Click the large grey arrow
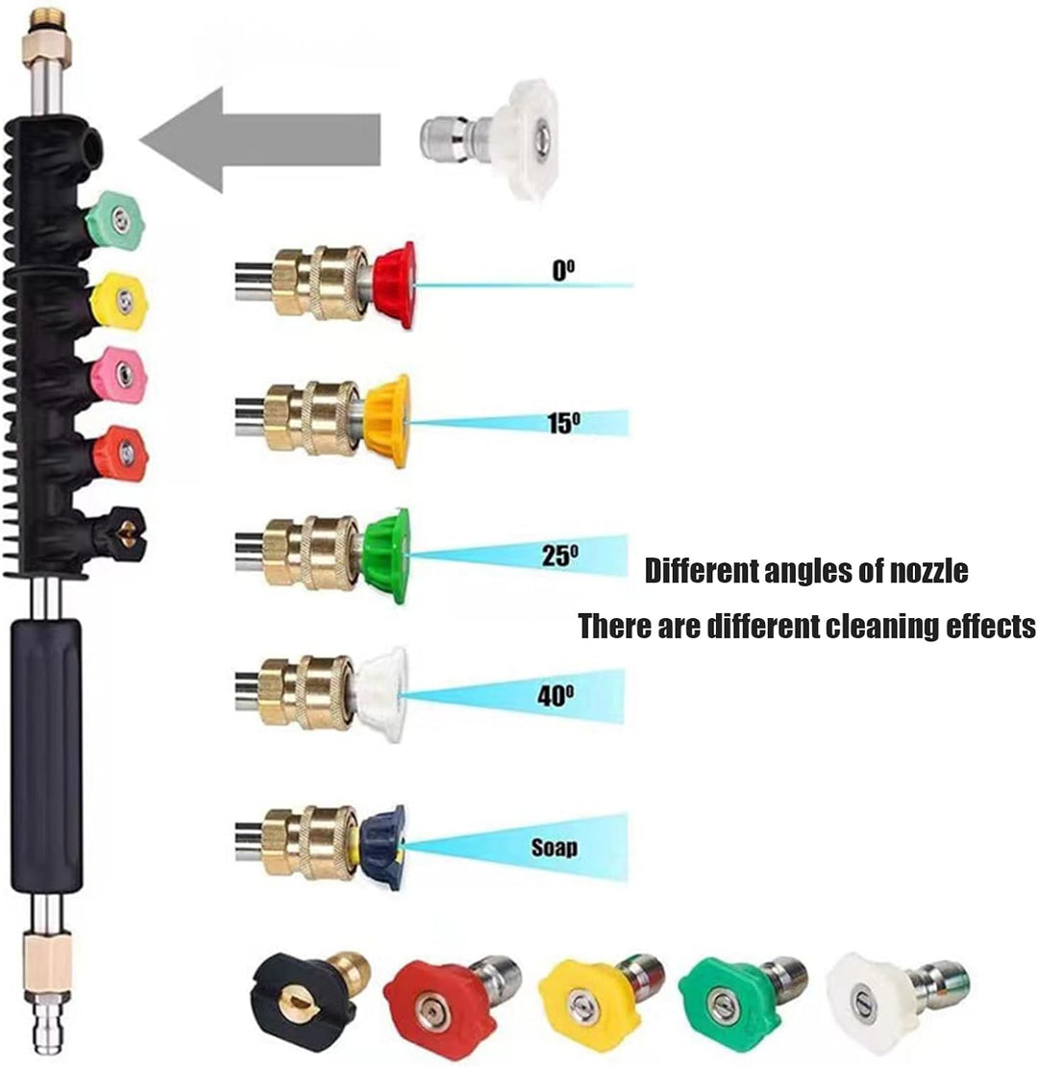tap(259, 139)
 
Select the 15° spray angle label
tap(564, 423)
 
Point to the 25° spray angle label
tap(560, 556)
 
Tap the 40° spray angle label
tap(556, 695)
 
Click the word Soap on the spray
tap(555, 847)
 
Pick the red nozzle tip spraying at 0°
tap(394, 285)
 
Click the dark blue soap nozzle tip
tap(383, 848)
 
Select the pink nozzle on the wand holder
tap(120, 375)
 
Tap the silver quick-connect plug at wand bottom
tap(46, 1023)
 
